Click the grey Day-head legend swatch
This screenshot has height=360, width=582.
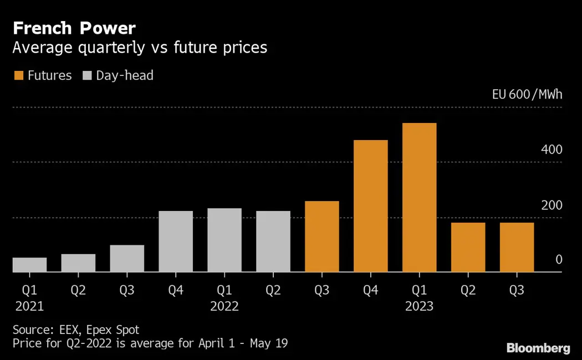click(87, 75)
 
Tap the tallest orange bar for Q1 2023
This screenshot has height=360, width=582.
click(420, 197)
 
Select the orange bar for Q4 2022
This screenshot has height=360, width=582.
click(371, 206)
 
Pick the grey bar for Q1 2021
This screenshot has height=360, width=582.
click(29, 265)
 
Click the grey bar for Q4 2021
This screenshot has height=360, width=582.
click(176, 241)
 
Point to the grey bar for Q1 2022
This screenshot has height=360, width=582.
click(224, 240)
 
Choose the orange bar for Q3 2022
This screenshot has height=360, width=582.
click(322, 236)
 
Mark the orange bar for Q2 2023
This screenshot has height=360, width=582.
click(468, 247)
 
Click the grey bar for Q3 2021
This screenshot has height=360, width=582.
click(127, 258)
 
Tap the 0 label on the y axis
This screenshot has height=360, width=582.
click(559, 260)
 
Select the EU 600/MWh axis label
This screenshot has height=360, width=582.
click(527, 94)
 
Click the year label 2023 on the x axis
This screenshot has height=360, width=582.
click(419, 306)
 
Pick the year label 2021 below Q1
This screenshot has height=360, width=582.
click(29, 306)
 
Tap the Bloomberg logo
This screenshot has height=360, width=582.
click(538, 348)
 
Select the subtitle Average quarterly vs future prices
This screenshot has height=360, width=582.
click(140, 48)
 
